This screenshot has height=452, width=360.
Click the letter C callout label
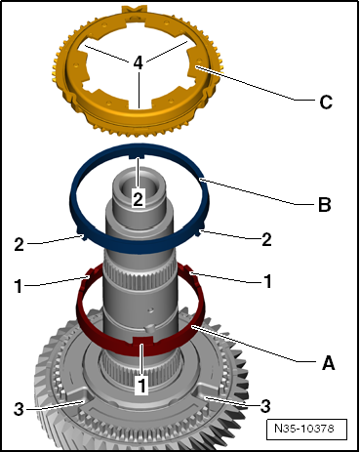pos(326,102)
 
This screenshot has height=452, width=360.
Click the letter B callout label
pos(325,205)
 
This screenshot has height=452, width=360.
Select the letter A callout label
pos(329,362)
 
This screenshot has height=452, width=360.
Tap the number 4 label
pos(139,62)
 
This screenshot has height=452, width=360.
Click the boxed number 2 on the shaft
pos(138,199)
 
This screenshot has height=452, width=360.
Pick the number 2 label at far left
pos(19,244)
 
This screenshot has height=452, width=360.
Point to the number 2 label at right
pos(266,240)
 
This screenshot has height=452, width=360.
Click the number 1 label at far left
pos(19,286)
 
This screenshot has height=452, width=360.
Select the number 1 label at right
pos(267,281)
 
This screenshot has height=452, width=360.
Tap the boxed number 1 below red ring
pos(141,386)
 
